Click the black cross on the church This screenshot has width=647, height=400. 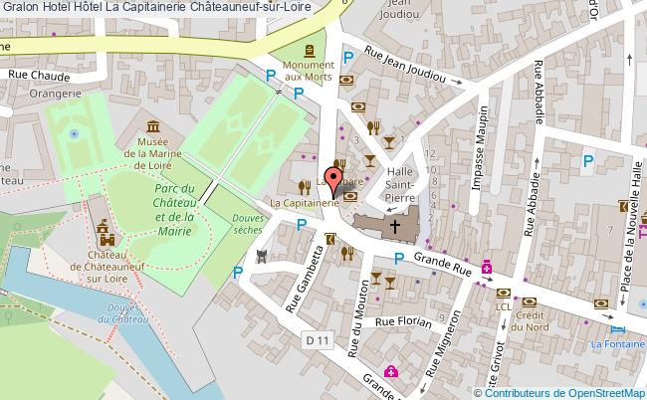[394, 226]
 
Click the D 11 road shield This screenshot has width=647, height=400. [318, 340]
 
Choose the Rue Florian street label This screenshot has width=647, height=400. [402, 322]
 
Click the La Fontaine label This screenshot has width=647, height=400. [617, 345]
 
